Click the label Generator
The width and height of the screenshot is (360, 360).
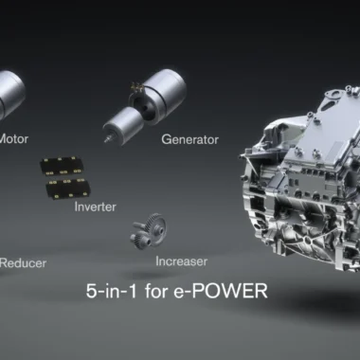click(x=189, y=139)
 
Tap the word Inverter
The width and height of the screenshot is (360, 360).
click(x=96, y=207)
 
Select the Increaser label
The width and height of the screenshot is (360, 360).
click(x=182, y=261)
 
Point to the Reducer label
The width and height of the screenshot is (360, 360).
click(x=23, y=263)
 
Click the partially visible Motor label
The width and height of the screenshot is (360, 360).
click(x=14, y=138)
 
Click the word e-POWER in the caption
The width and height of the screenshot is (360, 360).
click(x=221, y=291)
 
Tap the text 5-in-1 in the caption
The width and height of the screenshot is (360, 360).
click(x=112, y=291)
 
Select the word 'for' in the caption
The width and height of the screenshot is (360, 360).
click(x=155, y=291)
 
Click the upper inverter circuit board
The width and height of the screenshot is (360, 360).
click(x=62, y=166)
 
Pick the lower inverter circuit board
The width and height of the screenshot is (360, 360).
click(x=68, y=189)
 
